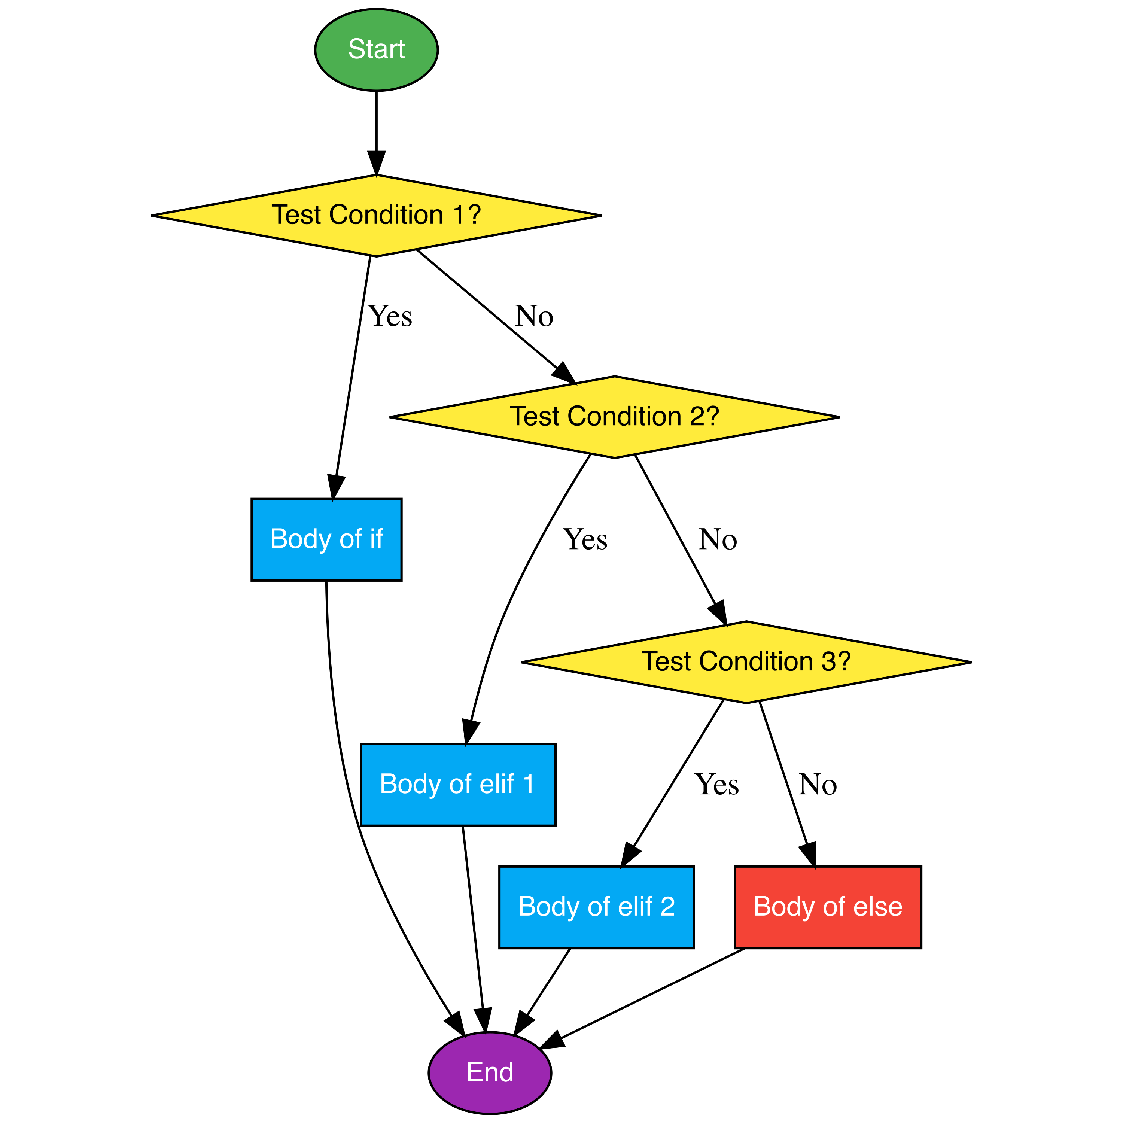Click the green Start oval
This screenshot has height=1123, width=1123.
tap(376, 49)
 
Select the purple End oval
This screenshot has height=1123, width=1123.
tap(489, 1072)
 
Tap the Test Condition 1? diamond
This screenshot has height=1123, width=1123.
tap(376, 215)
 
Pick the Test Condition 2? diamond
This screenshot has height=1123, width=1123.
tap(614, 417)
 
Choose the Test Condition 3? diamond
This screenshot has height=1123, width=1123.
tap(746, 661)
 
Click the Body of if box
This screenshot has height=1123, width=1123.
tap(326, 539)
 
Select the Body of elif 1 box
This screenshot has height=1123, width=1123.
tap(457, 784)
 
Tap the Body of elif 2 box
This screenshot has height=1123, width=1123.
tap(596, 907)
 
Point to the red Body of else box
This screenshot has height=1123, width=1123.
tap(828, 907)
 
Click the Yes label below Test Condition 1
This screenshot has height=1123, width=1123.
tap(390, 317)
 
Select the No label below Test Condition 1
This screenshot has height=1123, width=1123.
tap(533, 317)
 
